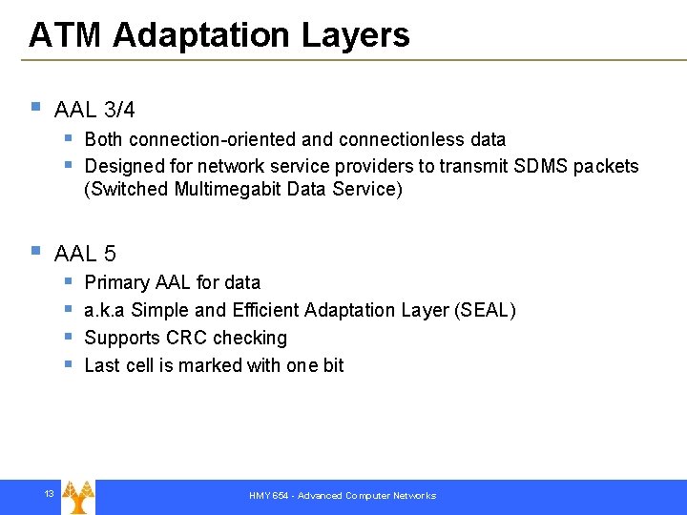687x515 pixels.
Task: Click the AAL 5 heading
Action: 85,254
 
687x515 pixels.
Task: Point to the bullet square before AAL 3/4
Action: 35,108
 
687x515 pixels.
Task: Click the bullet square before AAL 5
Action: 35,251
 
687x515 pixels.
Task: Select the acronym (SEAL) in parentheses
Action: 485,311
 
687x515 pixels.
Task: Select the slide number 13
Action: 48,493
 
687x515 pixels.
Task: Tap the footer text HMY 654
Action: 269,496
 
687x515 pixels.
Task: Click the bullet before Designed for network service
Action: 69,164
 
